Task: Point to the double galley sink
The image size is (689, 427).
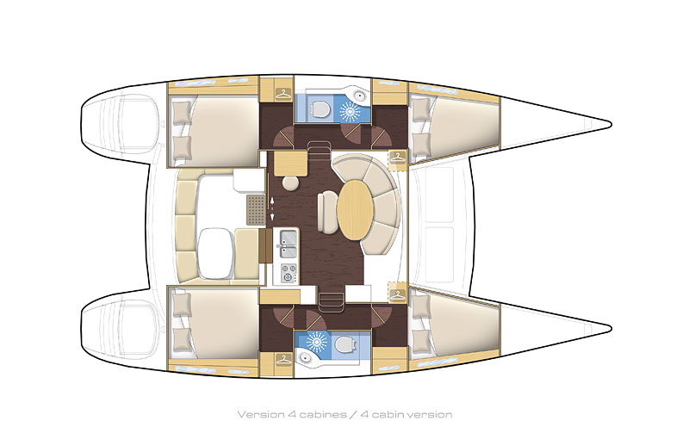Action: point(287,243)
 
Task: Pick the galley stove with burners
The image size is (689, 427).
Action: point(287,273)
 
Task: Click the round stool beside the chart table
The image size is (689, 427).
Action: point(290,183)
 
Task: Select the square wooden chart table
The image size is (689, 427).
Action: point(291,163)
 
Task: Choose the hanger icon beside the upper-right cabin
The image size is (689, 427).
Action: point(397,158)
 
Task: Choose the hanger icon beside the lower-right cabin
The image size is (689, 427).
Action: point(397,294)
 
